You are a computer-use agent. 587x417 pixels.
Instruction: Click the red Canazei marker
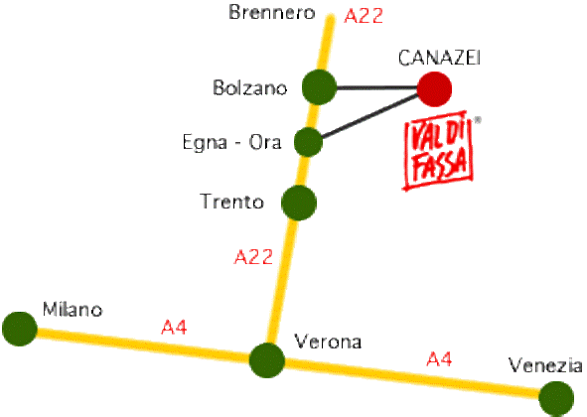click(434, 89)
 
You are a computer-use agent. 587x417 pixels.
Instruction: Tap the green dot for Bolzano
click(319, 86)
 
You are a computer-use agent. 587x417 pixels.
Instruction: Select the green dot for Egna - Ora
click(308, 142)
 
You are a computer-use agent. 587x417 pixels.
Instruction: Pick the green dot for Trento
click(299, 203)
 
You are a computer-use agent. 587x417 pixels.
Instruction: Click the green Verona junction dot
click(267, 360)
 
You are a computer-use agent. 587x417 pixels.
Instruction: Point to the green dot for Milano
click(20, 329)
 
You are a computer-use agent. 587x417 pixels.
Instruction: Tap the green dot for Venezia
click(556, 399)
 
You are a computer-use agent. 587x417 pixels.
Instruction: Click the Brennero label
click(272, 12)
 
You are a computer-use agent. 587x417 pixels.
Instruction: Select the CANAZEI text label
click(439, 58)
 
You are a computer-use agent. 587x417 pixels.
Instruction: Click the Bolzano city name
click(249, 88)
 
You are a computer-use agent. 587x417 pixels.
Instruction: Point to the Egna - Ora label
click(231, 143)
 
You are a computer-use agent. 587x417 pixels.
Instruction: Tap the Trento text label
click(231, 202)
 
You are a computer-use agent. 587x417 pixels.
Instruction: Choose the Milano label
click(73, 310)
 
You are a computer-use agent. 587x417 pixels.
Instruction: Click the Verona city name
click(328, 342)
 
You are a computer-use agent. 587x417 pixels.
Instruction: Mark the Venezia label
click(545, 365)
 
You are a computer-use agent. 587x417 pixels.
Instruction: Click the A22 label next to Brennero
click(364, 16)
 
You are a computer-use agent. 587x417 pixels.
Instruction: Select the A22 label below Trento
click(253, 257)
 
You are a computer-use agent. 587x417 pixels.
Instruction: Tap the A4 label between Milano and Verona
click(174, 328)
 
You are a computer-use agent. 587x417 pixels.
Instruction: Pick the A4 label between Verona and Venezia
click(439, 359)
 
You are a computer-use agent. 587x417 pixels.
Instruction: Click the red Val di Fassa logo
click(439, 151)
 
